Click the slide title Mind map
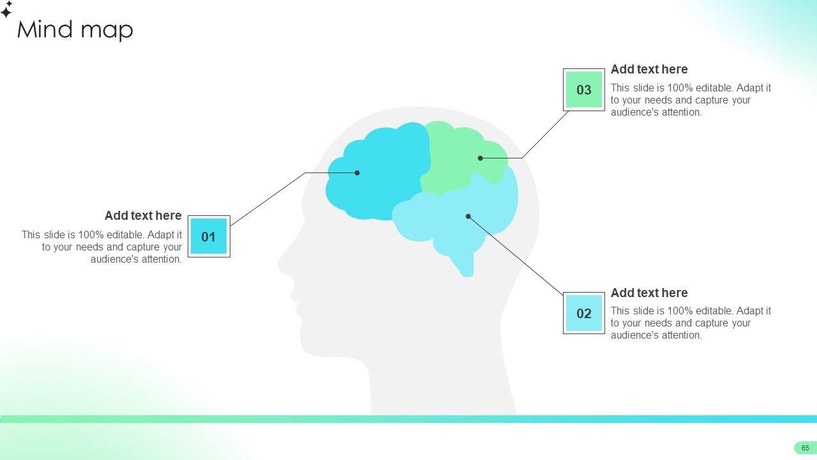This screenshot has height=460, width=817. point(75,29)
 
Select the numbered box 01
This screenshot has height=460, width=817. point(209,236)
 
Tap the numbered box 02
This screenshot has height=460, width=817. point(584,313)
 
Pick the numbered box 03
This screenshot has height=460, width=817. point(584,90)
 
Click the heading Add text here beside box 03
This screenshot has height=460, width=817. point(649,69)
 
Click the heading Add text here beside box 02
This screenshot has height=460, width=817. point(649,293)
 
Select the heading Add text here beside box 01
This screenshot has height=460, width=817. point(143,215)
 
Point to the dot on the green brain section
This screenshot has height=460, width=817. point(480,158)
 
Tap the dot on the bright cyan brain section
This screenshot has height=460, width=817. point(357,172)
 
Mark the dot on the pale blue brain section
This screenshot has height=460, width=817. point(468,216)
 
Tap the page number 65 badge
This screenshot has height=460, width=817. point(805,448)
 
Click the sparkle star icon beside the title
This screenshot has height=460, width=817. point(7,10)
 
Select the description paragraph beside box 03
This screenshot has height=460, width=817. point(691,100)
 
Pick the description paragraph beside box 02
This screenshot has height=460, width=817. point(691,323)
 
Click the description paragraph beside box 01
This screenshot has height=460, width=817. point(102,247)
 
